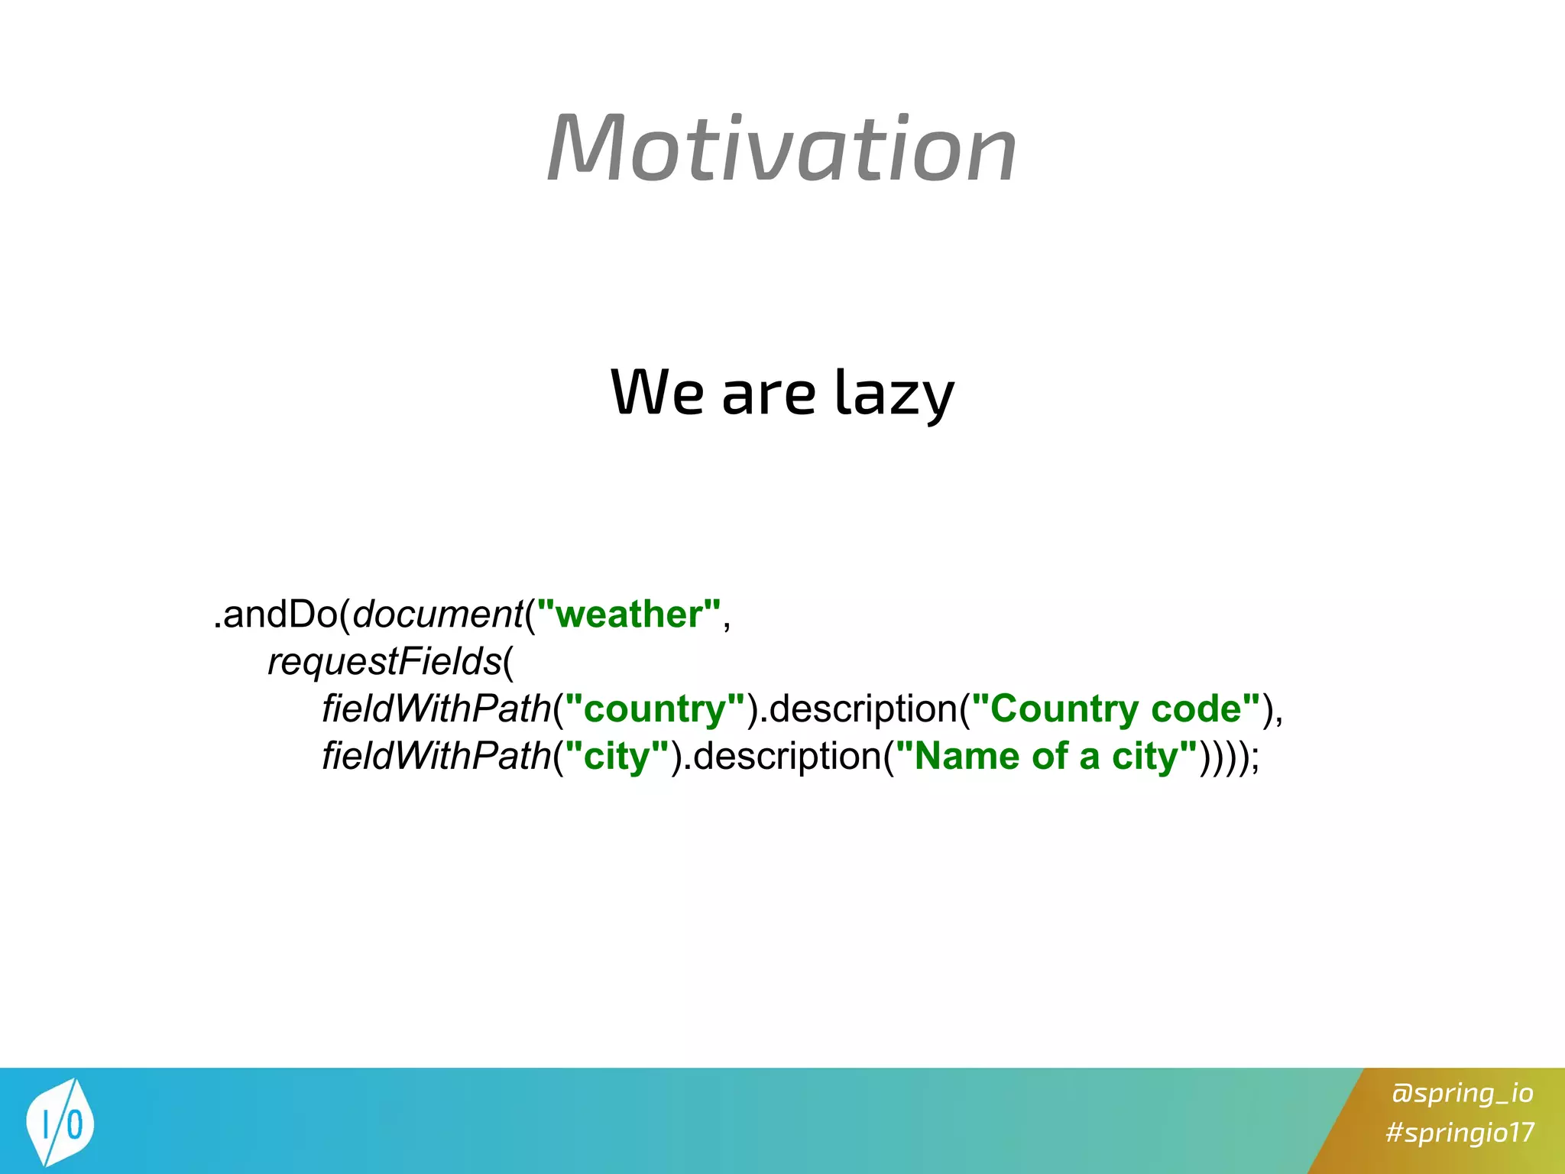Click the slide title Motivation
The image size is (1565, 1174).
tap(782, 148)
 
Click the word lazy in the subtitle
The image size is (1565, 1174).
tap(893, 393)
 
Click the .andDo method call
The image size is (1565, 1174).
tap(275, 615)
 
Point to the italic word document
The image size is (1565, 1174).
tap(438, 615)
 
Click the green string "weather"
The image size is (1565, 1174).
tap(628, 615)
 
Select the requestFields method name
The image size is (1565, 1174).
tap(384, 662)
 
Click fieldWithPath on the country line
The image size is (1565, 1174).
tap(436, 709)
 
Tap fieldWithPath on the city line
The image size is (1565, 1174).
tap(436, 757)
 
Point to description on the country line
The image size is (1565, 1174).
tap(864, 709)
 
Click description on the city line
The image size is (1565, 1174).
tap(788, 757)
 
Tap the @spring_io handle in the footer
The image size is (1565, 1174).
tap(1462, 1093)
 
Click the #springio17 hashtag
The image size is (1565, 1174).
tap(1460, 1132)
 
